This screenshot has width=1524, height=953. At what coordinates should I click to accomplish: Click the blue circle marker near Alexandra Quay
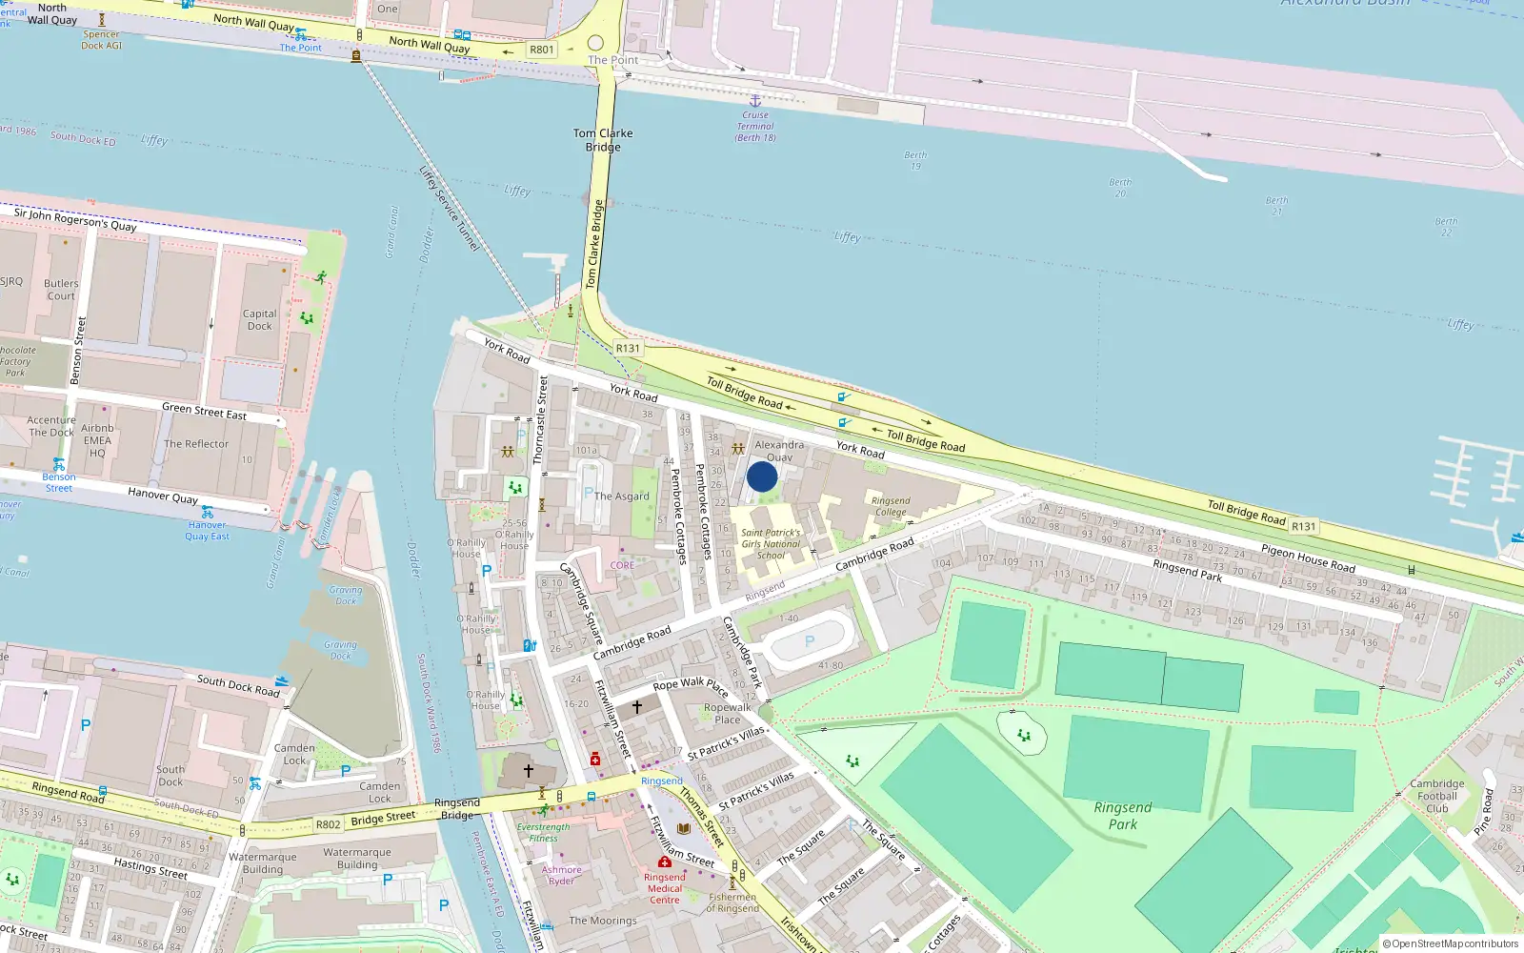[762, 476]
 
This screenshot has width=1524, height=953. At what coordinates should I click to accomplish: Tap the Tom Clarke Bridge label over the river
[603, 140]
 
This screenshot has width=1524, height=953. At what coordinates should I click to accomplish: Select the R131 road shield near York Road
[628, 348]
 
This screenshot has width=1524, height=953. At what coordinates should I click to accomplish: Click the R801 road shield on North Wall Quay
[541, 50]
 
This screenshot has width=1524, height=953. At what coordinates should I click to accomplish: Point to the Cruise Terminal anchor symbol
[755, 100]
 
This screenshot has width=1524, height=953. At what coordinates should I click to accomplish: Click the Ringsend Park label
[1123, 816]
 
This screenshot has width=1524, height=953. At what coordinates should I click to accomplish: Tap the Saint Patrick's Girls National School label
[771, 544]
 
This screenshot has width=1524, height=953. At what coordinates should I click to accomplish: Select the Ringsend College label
[891, 506]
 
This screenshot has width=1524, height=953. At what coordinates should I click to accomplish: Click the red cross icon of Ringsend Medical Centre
[665, 862]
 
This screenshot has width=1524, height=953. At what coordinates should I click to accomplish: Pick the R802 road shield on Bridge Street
[328, 824]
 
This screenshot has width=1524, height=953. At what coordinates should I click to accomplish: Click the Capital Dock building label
[259, 319]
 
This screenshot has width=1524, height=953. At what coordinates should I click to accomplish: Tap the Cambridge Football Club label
[1437, 796]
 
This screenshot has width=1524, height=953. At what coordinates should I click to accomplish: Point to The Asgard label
[621, 496]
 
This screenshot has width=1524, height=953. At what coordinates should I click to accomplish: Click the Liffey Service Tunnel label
[450, 209]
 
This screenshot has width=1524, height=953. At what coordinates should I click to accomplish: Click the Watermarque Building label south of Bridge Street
[357, 859]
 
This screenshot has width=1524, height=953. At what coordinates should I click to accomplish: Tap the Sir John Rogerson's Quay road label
[75, 220]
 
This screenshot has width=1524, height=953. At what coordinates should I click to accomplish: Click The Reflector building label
[196, 444]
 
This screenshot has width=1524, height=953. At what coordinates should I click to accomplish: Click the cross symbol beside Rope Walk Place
[637, 706]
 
